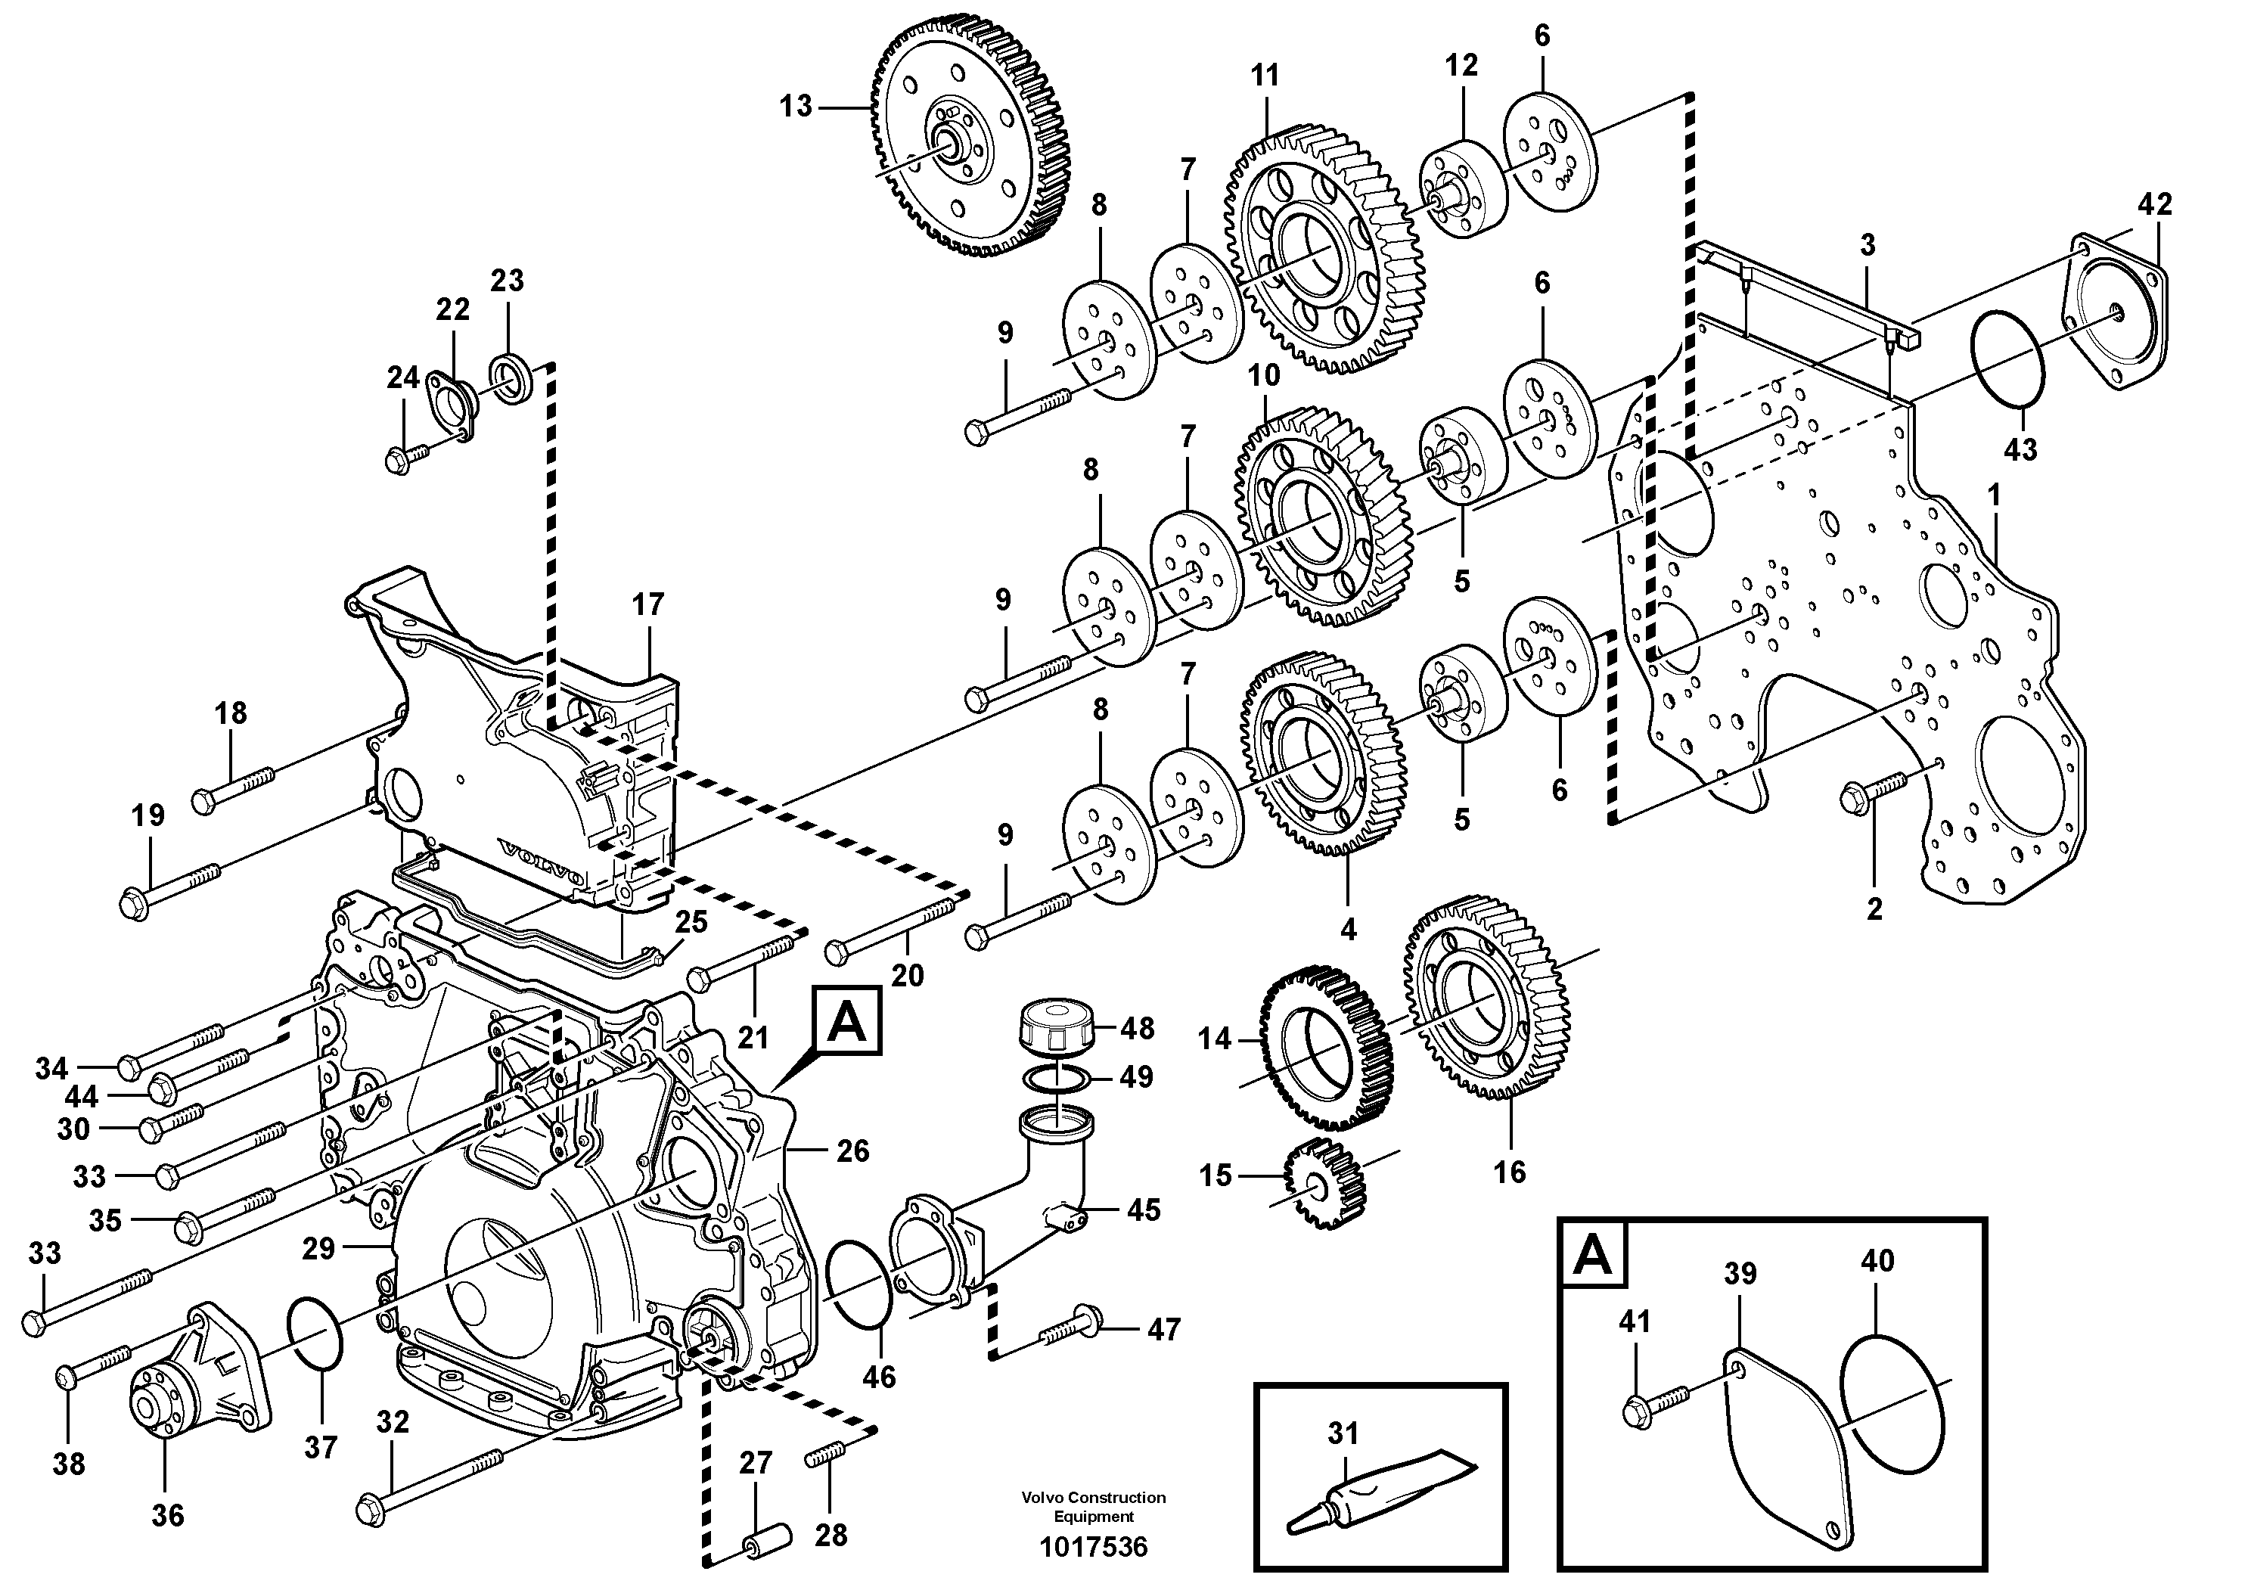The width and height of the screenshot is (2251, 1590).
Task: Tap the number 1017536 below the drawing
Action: (1093, 1547)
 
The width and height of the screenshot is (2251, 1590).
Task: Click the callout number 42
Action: (2155, 204)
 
